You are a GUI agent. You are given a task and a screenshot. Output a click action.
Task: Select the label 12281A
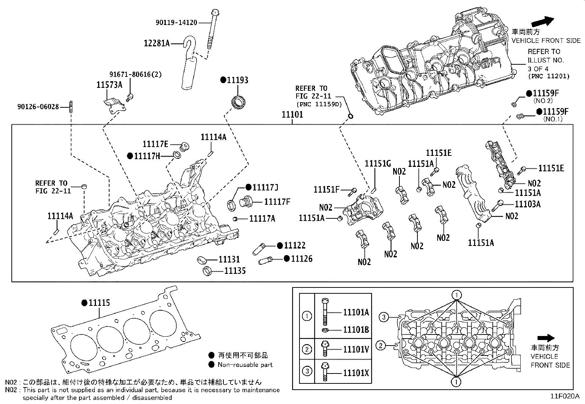pyautogui.click(x=156, y=43)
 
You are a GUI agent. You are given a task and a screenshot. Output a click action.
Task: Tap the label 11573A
pyautogui.click(x=109, y=85)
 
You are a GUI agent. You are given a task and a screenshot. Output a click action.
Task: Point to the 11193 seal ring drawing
pyautogui.click(x=238, y=102)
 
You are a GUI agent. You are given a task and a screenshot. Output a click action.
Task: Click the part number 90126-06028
pyautogui.click(x=38, y=107)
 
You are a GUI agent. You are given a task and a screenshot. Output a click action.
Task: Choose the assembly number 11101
pyautogui.click(x=292, y=114)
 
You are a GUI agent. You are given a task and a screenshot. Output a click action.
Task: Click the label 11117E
pyautogui.click(x=155, y=144)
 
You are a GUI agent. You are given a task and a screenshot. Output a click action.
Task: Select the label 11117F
pyautogui.click(x=277, y=201)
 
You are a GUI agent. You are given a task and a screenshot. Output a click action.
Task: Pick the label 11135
pyautogui.click(x=235, y=271)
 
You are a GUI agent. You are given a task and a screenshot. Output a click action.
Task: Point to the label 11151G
pyautogui.click(x=378, y=164)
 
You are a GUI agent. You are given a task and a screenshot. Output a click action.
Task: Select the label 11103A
pyautogui.click(x=528, y=204)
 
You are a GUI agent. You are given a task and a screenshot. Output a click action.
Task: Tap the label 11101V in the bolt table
pyautogui.click(x=356, y=349)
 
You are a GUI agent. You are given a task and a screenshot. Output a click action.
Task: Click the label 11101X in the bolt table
pyautogui.click(x=356, y=373)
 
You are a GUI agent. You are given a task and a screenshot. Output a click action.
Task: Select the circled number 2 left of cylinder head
pyautogui.click(x=381, y=346)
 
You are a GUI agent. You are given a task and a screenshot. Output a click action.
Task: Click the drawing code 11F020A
pyautogui.click(x=565, y=396)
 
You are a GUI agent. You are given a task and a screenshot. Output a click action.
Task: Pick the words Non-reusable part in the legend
pyautogui.click(x=245, y=365)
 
